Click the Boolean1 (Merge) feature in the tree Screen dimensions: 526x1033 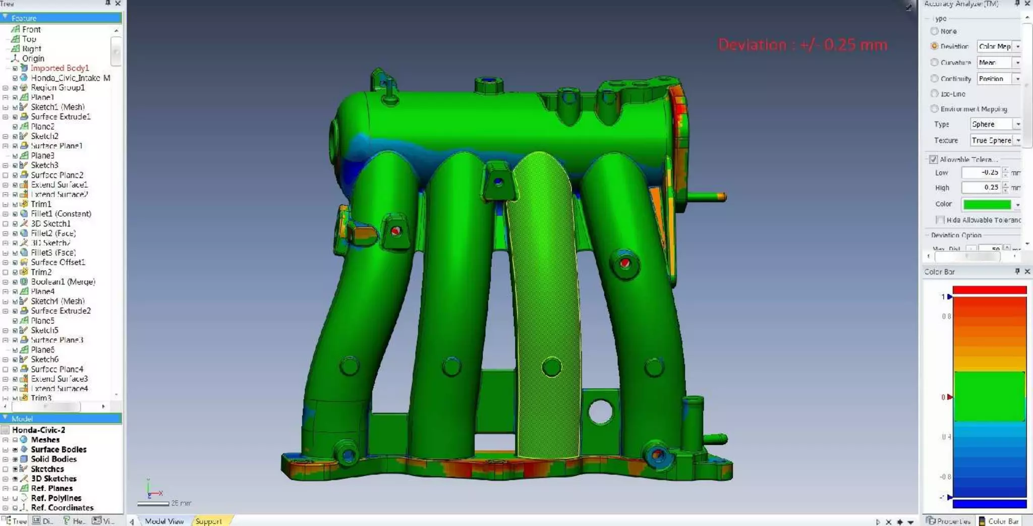coord(63,282)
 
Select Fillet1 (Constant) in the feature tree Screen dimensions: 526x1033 coord(61,214)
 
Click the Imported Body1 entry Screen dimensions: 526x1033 coord(59,68)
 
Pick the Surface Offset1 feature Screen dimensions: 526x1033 coord(58,262)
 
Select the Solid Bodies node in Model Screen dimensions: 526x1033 coord(53,459)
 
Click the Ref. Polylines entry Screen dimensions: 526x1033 coord(55,498)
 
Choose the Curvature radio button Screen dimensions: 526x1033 coord(934,63)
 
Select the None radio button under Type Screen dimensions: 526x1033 coord(934,31)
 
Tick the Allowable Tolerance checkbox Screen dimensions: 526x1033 coord(933,159)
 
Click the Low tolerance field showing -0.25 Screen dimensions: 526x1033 coord(981,172)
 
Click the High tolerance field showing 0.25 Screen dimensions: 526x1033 coord(981,187)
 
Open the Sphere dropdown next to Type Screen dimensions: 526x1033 coord(995,124)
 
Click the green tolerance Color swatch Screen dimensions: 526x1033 coord(987,204)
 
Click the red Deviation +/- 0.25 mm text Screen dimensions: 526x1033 coord(802,45)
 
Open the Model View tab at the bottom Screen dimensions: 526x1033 coord(164,521)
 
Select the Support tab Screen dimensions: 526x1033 coord(208,521)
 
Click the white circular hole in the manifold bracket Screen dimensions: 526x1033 coord(600,411)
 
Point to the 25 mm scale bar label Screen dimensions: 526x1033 coord(181,503)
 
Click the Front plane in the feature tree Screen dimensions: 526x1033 coord(31,30)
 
